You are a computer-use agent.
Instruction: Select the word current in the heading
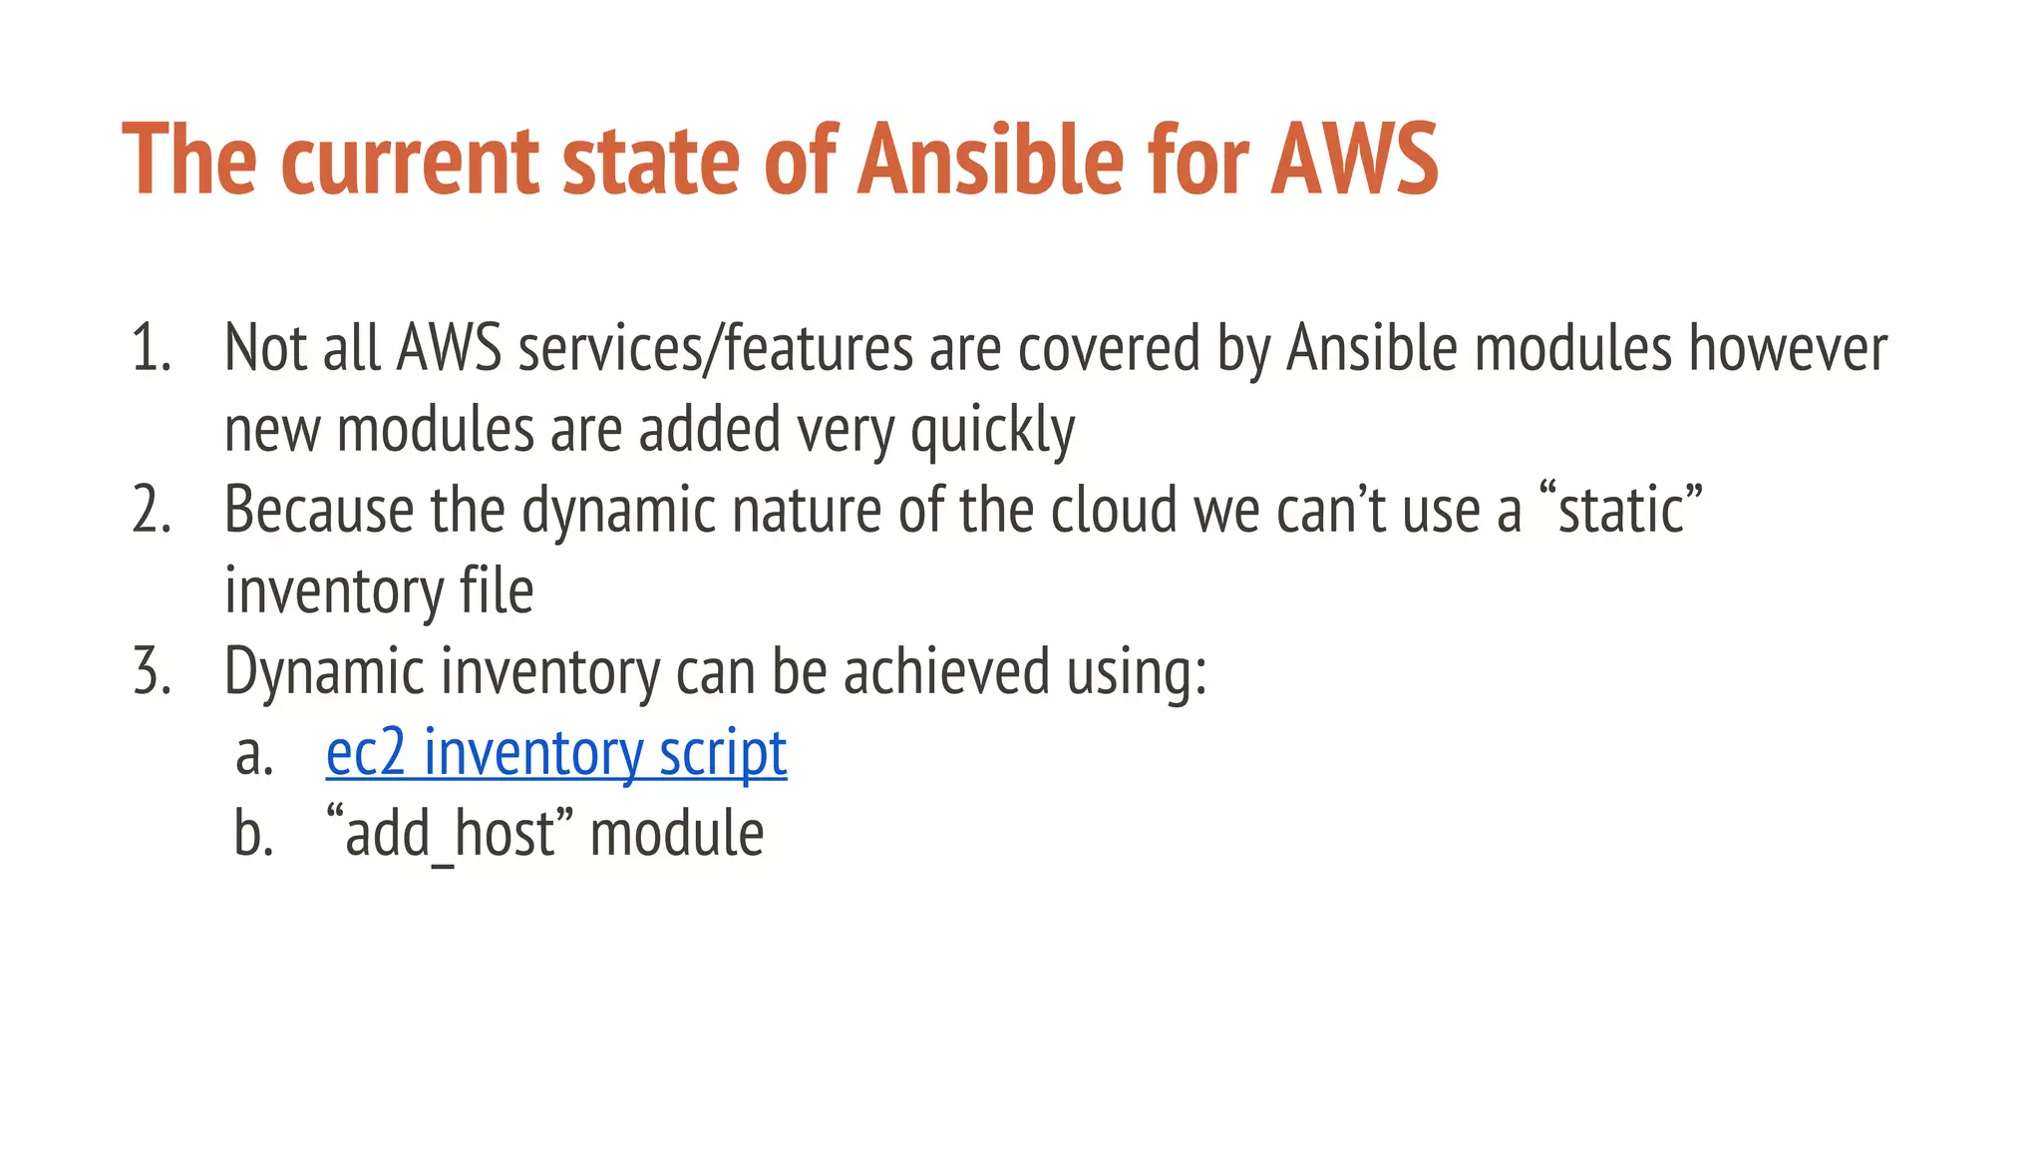pyautogui.click(x=412, y=160)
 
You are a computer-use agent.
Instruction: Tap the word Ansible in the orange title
pyautogui.click(x=990, y=160)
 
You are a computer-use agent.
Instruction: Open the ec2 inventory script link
pyautogui.click(x=556, y=753)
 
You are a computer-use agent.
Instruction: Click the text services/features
pyautogui.click(x=715, y=349)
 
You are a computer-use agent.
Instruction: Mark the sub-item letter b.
pyautogui.click(x=253, y=834)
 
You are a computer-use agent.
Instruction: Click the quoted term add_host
pyautogui.click(x=451, y=834)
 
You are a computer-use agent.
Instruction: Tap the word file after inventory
pyautogui.click(x=496, y=591)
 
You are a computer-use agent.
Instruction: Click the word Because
pyautogui.click(x=318, y=511)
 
